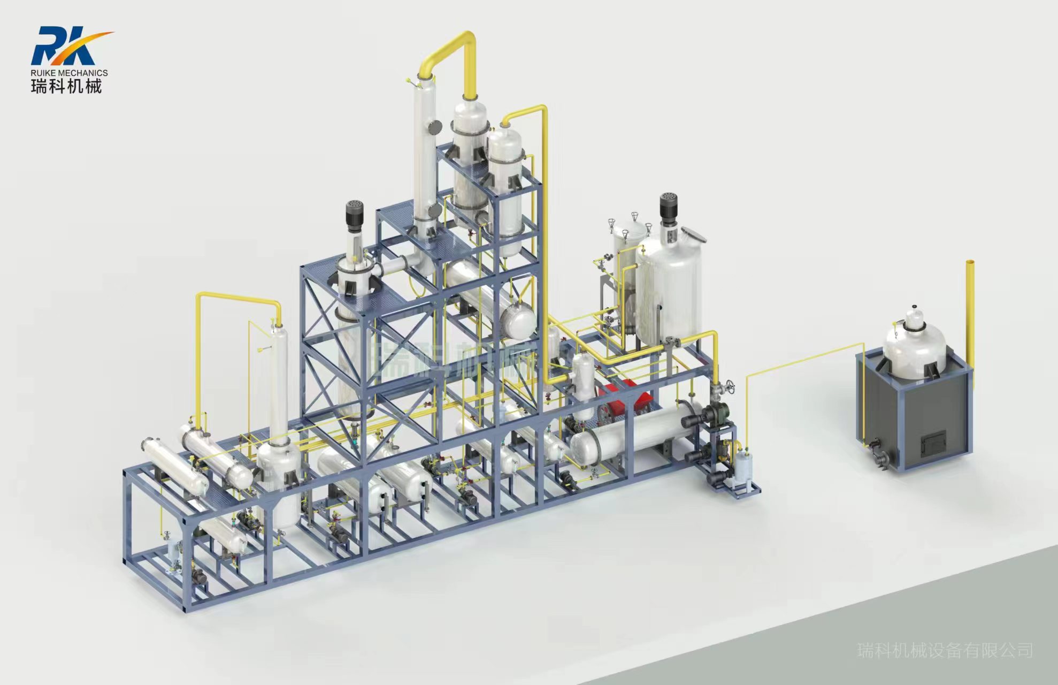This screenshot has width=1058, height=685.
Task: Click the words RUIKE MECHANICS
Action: [70, 73]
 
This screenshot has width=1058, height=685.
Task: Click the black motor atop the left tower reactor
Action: [354, 215]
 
